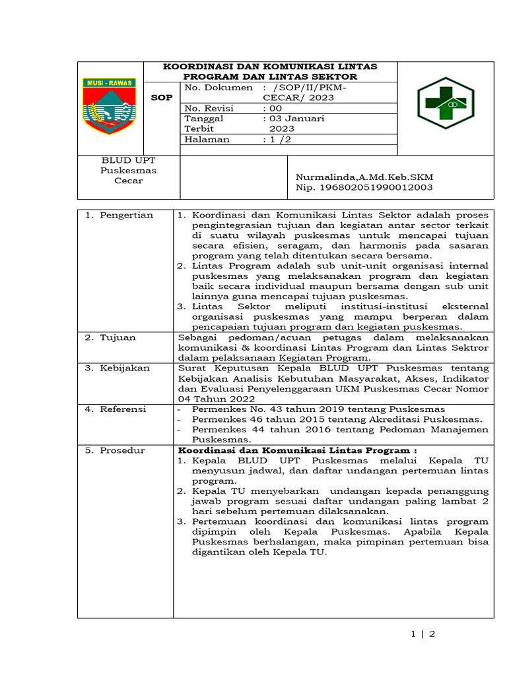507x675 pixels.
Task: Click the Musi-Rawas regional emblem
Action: (x=109, y=105)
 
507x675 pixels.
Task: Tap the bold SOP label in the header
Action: (x=162, y=98)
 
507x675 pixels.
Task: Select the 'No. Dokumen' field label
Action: (x=219, y=87)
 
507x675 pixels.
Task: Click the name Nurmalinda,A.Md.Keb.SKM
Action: (x=364, y=177)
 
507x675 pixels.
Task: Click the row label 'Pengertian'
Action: (x=125, y=215)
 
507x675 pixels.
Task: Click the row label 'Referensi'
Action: (x=123, y=409)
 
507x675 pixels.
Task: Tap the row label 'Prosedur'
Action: (x=121, y=450)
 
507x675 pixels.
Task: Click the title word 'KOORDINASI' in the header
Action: (x=195, y=67)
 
